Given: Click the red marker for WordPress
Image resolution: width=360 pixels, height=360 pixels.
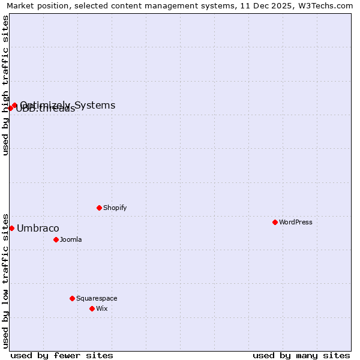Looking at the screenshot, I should click(x=275, y=222).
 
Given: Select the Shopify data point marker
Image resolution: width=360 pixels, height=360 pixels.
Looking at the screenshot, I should click(x=99, y=208).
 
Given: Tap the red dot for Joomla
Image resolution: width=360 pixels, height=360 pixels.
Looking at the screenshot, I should click(x=56, y=239).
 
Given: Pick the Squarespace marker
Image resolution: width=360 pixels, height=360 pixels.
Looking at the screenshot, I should click(x=72, y=298).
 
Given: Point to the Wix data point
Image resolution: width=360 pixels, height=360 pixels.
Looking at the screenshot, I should click(x=92, y=308).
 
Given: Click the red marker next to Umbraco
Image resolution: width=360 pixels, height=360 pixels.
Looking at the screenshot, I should click(x=11, y=228).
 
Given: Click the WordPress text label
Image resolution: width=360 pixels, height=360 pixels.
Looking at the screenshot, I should click(x=296, y=222).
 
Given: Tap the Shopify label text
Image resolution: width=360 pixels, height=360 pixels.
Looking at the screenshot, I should click(x=115, y=208).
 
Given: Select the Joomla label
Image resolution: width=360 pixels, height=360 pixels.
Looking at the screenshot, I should click(x=71, y=239).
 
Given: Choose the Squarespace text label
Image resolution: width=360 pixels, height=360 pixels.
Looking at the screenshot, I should click(x=97, y=298).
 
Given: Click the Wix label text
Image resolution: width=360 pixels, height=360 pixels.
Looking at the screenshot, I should click(x=102, y=308).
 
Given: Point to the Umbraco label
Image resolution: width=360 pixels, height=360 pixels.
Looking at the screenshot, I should click(x=38, y=228).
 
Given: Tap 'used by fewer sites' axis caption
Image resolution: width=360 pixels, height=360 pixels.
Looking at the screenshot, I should click(x=62, y=355).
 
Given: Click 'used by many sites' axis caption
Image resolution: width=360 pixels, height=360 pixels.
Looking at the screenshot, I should click(x=301, y=355).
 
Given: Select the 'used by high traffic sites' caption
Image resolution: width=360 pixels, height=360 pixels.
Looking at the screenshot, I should click(x=6, y=85).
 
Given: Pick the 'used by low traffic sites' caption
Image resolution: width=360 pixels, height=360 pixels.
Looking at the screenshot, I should click(x=6, y=280).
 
